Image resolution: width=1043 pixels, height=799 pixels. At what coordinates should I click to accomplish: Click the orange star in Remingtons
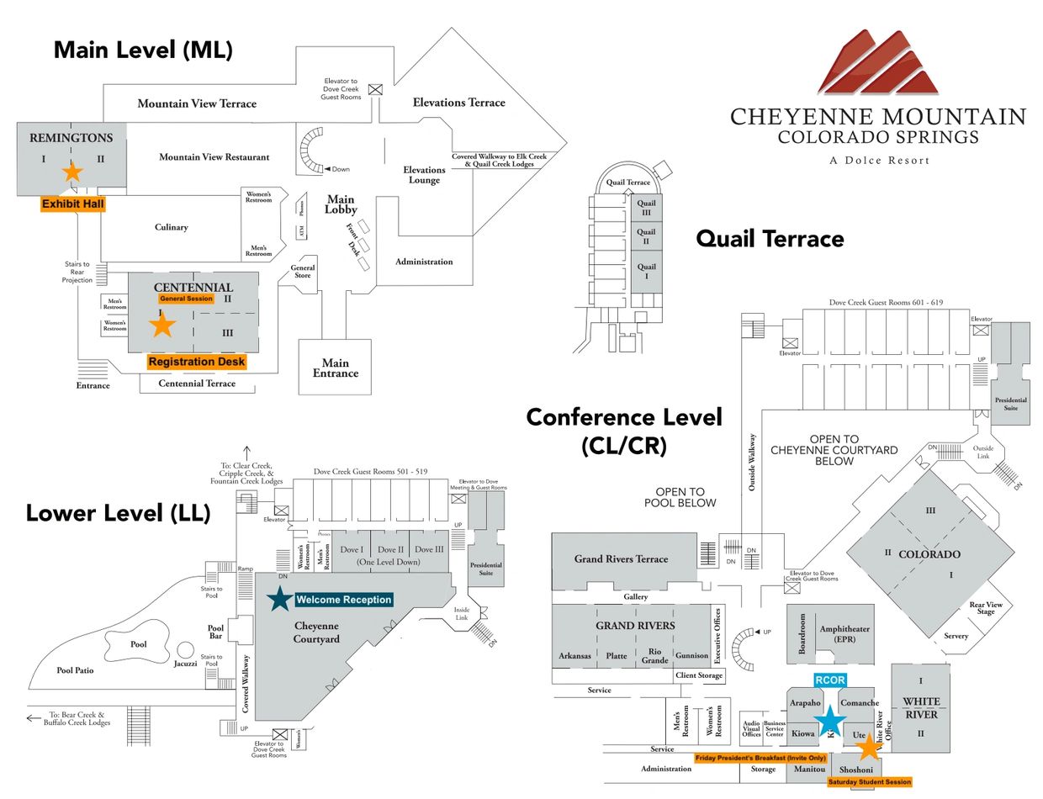pos(72,172)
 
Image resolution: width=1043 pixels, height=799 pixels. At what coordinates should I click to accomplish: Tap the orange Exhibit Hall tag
pos(73,204)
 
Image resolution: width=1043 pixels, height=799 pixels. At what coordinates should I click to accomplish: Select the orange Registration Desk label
pos(197,362)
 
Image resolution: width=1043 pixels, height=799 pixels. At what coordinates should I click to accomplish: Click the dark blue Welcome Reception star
pos(279,599)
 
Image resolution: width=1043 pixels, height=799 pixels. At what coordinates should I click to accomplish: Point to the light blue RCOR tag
pos(830,680)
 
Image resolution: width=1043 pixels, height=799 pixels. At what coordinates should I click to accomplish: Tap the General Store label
pos(303,272)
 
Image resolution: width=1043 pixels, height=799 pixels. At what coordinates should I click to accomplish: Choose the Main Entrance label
pos(335,368)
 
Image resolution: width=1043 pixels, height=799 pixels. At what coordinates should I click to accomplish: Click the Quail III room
pos(646,208)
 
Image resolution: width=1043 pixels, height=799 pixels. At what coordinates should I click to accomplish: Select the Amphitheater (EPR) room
pos(844,633)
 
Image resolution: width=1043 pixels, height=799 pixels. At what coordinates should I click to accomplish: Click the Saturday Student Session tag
pos(869,782)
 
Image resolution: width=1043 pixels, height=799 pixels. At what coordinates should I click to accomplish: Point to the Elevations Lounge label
pos(424,175)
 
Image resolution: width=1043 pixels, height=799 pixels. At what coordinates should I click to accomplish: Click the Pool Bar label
pos(216,632)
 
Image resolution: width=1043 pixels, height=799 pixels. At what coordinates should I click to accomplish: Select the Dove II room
pos(390,549)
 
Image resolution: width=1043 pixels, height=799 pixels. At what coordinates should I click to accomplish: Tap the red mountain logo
pos(876,63)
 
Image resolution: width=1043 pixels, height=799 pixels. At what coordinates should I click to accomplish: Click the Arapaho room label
pos(805,703)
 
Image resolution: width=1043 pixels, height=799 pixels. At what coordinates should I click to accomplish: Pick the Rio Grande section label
pos(654,655)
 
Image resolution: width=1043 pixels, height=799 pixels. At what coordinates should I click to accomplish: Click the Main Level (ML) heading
pos(143,50)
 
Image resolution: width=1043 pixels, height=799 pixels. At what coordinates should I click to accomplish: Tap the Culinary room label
pos(171,227)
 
